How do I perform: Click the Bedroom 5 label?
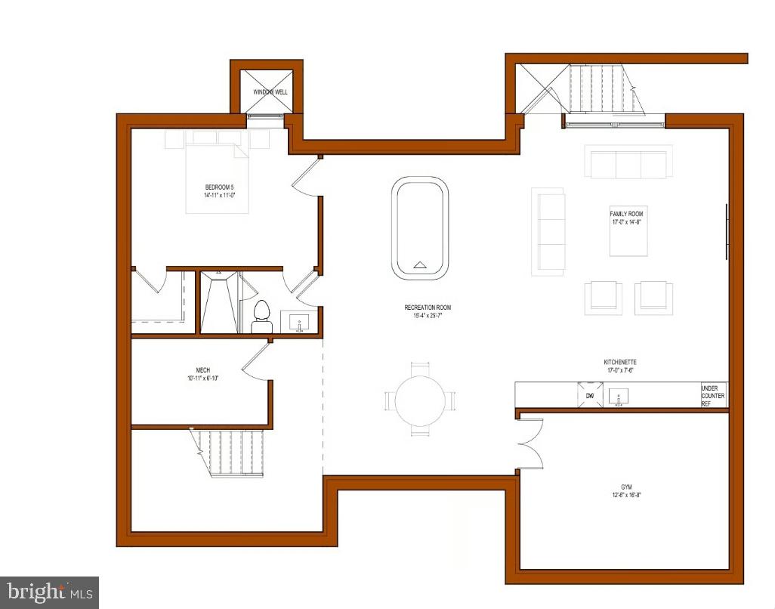218,191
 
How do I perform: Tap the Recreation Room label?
428,311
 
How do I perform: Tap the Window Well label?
267,92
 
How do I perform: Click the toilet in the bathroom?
261,316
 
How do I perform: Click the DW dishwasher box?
590,395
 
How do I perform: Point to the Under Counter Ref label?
712,396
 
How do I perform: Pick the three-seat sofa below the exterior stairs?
628,162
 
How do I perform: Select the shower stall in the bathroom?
219,302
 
